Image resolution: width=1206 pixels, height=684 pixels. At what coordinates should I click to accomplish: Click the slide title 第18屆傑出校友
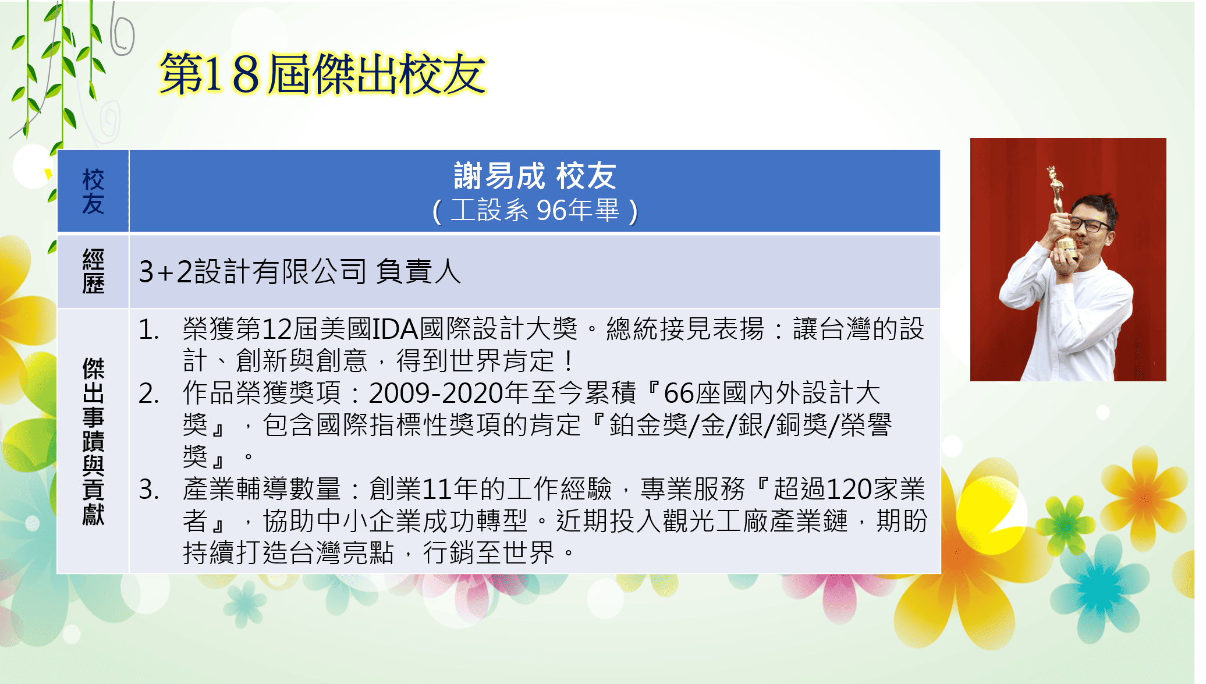coord(322,74)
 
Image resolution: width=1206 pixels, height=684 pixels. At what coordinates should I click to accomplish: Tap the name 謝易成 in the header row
coord(499,176)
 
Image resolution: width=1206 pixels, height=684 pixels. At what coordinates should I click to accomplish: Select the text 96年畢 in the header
coord(578,210)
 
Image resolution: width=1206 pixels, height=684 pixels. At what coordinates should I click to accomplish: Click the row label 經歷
coord(93,271)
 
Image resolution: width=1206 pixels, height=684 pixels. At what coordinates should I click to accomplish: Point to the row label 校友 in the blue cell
coord(93,192)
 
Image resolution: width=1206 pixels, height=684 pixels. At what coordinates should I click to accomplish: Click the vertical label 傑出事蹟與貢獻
coord(93,441)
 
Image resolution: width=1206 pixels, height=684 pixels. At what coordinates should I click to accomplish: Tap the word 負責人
coord(418,271)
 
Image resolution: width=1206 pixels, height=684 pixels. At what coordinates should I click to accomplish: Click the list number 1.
coord(149,329)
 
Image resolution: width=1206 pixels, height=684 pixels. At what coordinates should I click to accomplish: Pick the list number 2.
coord(149,394)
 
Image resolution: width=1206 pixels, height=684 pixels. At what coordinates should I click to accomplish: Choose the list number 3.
coord(149,490)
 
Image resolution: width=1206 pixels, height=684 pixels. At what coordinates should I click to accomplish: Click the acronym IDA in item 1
coord(395,329)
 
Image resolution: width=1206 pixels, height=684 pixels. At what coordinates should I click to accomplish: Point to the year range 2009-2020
coord(436,394)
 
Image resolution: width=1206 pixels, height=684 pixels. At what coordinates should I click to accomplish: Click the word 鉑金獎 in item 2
coord(649,425)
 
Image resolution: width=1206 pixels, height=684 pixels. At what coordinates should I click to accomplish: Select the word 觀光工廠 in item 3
coord(716,521)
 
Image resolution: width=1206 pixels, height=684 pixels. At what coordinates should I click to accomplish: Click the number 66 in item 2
coord(679,394)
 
